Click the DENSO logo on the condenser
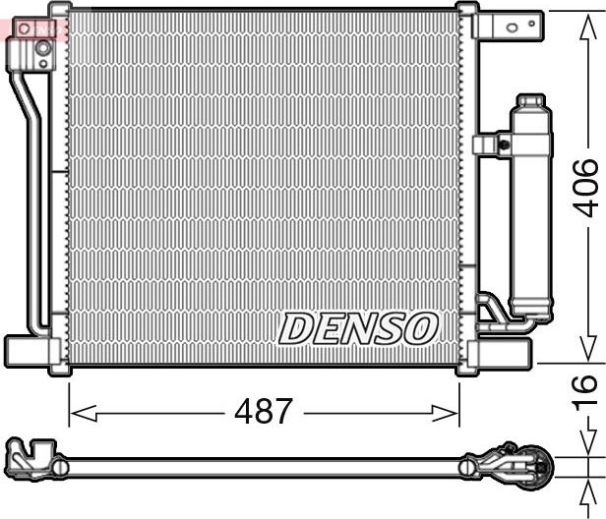pos(358,328)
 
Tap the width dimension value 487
pos(264,410)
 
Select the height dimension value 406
pos(585,187)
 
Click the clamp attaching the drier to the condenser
pos(492,144)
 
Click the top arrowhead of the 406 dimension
pos(585,20)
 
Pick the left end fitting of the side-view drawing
pos(30,458)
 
